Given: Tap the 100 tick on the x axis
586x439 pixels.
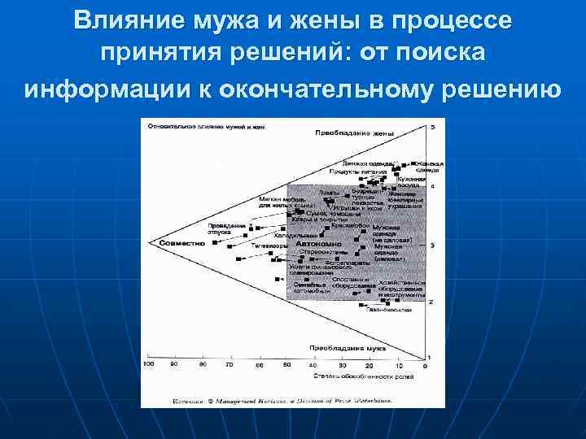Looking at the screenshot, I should (148, 366).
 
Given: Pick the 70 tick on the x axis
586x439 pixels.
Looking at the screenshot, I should (231, 366).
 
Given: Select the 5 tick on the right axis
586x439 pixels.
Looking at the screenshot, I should (432, 128).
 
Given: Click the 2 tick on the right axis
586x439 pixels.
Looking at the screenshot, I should (431, 302).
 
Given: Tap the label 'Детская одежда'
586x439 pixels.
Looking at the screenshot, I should (358, 163).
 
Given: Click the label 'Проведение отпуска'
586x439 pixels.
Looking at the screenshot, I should (227, 228).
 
